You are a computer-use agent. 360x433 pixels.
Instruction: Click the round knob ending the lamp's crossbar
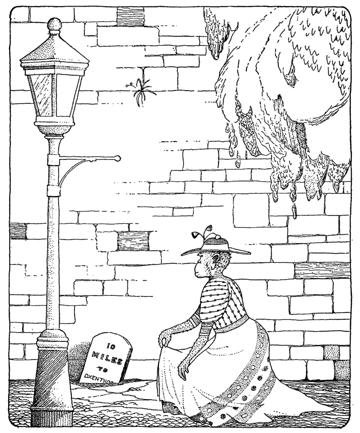(118, 158)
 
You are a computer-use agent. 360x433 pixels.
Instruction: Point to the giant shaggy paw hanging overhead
(288, 103)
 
